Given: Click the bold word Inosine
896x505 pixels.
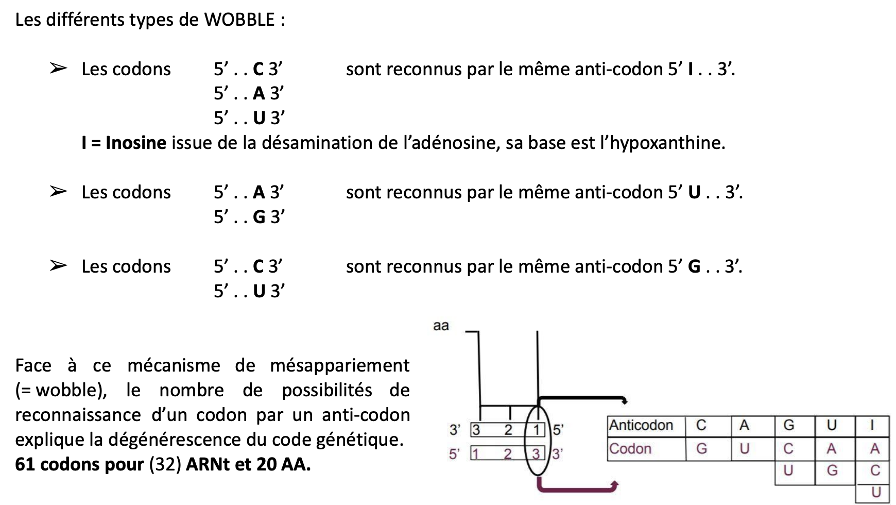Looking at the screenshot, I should tap(136, 143).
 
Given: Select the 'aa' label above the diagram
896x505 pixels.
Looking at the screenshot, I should tap(441, 326).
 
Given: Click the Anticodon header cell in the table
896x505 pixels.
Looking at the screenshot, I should tap(641, 425).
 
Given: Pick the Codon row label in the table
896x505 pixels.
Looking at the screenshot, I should tap(630, 449).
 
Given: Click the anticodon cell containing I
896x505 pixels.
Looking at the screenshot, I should tap(872, 425).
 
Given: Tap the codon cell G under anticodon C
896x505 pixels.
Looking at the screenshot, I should tap(701, 449).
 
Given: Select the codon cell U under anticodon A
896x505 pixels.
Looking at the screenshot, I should tap(745, 449).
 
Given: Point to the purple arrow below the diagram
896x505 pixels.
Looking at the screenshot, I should tap(577, 485).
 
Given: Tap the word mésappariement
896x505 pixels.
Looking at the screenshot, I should tap(340, 365).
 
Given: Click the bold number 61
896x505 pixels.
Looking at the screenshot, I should tap(25, 465).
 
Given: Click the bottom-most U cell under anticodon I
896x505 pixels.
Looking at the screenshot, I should tap(875, 492).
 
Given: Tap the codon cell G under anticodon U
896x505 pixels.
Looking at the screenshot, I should tap(832, 470).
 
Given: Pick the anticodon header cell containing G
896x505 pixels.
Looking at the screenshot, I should tap(788, 425).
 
